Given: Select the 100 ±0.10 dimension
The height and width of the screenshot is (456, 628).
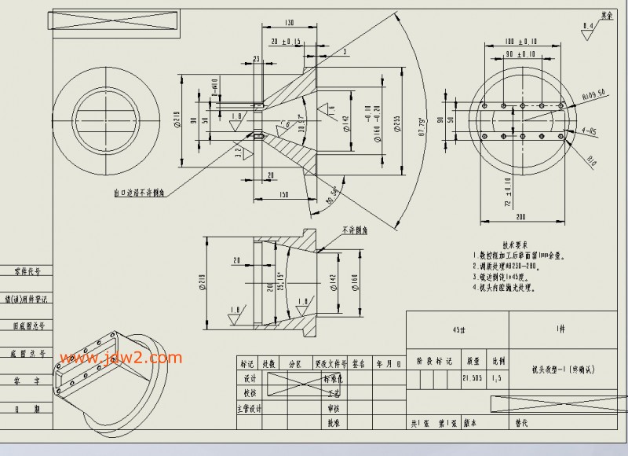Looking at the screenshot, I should tap(521, 40).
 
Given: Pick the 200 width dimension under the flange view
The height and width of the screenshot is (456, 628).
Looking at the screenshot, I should tap(520, 215).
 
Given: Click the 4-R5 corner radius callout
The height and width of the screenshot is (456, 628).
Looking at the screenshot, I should tap(588, 132).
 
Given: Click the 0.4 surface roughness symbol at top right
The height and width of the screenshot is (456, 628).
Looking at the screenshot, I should tap(587, 29).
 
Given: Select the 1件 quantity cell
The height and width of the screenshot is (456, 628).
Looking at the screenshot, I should tap(559, 329).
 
